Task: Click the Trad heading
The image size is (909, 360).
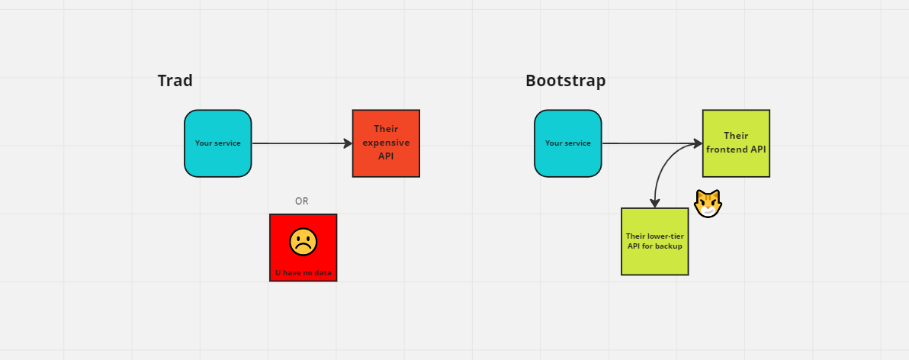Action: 175,81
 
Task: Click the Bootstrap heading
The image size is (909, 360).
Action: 565,81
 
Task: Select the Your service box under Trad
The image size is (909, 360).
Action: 218,143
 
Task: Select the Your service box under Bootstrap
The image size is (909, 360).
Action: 568,143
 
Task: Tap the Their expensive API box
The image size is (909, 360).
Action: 386,143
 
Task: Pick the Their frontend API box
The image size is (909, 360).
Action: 736,143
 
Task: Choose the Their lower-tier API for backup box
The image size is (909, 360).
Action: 654,241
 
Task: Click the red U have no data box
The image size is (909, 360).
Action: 304,248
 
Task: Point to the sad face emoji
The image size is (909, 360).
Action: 304,242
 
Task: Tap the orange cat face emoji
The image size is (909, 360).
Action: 708,204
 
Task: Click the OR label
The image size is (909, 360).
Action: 302,201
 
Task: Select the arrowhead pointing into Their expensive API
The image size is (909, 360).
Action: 348,143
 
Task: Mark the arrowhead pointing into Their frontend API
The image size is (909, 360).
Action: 698,143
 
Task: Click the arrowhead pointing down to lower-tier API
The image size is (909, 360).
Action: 654,203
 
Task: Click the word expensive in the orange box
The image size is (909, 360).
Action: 386,143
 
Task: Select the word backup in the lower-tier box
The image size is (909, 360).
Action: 669,246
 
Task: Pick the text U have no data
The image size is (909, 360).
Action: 304,272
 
